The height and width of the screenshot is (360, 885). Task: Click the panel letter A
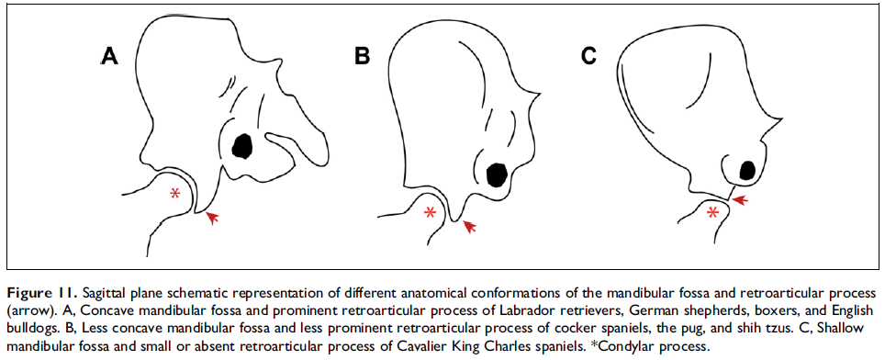[109, 57]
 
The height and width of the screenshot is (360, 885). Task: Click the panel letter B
[363, 57]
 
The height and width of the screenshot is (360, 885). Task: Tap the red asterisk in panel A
[175, 195]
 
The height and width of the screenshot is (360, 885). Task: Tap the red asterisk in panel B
[430, 214]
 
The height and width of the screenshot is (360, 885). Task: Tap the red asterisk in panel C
[712, 213]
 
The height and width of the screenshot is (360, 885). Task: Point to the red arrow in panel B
[470, 225]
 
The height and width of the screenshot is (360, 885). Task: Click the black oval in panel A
[243, 145]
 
